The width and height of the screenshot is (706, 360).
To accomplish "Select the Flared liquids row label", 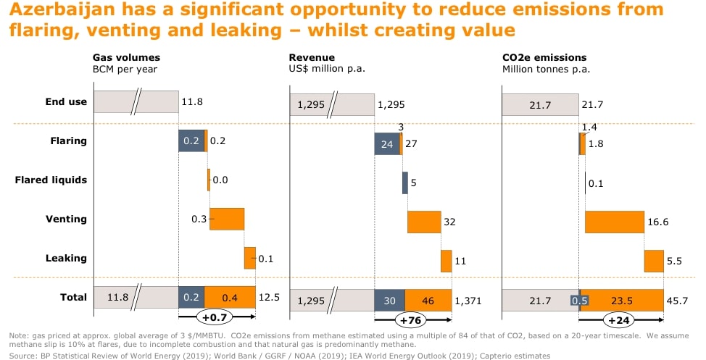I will (51, 180).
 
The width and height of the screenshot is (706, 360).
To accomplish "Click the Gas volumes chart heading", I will (126, 57).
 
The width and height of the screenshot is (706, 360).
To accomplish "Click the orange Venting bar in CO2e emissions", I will (614, 222).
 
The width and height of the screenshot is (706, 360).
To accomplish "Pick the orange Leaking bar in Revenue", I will (447, 261).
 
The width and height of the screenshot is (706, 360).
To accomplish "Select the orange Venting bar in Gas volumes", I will (227, 219).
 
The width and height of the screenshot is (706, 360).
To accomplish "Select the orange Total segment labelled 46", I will (428, 300).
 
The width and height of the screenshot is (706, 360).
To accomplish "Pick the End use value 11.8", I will (192, 102).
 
